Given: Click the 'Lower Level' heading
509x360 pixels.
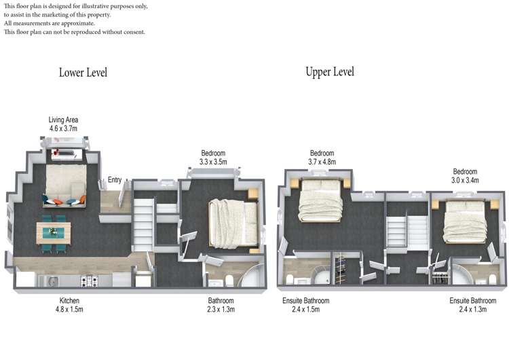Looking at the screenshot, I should [x=83, y=73].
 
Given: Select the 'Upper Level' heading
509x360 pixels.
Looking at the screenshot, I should [x=329, y=71].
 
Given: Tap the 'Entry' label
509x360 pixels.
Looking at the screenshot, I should [x=115, y=180].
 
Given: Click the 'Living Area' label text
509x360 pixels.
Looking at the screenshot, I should [x=63, y=120].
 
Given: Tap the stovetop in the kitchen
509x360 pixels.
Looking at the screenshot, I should [x=88, y=280].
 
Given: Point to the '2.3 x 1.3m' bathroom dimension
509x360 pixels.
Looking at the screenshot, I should [x=221, y=309].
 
